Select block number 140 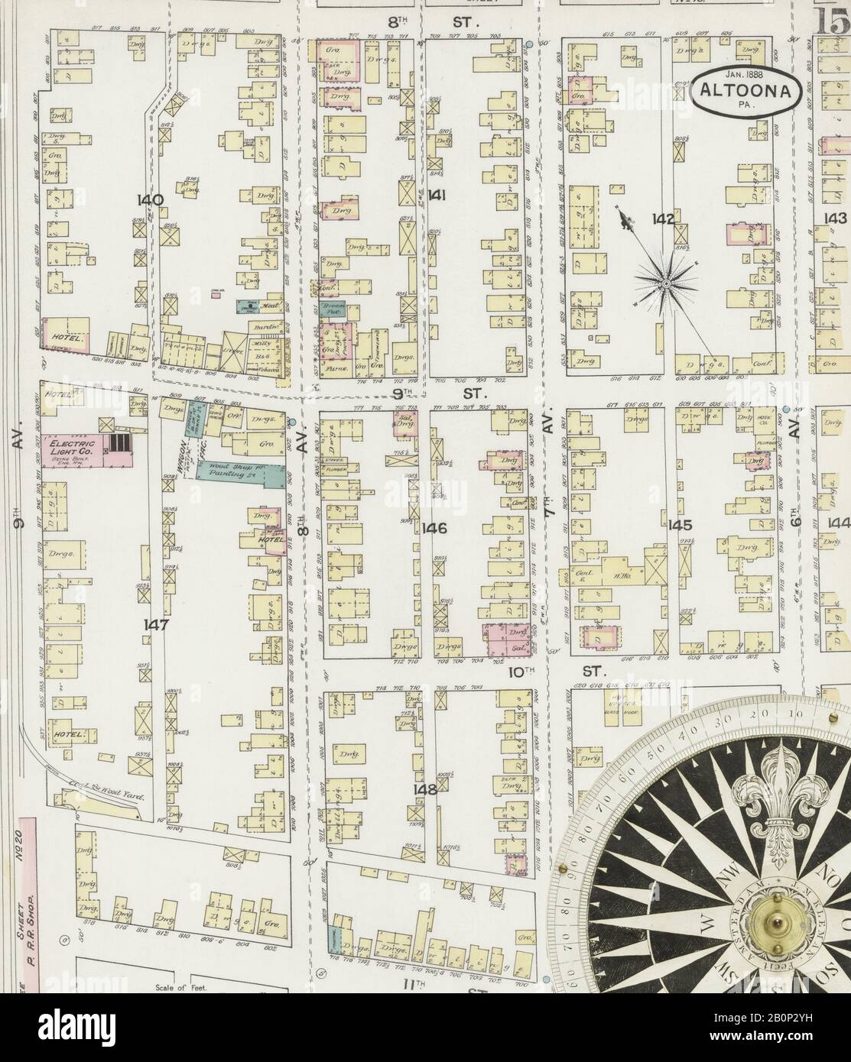point(150,200)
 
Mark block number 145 point(679,525)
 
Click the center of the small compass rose point(667,283)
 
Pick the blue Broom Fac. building point(336,309)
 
